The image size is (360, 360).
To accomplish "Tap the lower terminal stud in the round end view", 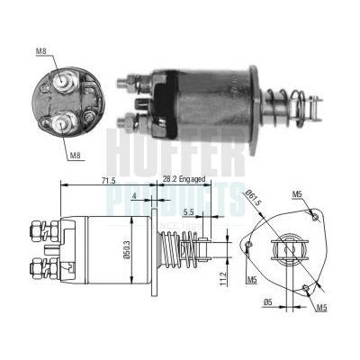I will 63,121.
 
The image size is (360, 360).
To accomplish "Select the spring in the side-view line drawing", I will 184,251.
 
